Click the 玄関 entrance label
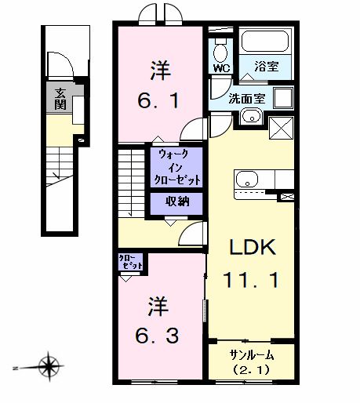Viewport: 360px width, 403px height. click(60, 99)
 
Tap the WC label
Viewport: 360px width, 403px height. click(220, 67)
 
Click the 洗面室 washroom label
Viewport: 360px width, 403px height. click(245, 99)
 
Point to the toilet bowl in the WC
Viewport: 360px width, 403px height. click(220, 51)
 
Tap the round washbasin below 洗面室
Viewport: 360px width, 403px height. click(250, 118)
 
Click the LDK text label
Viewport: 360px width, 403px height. click(251, 248)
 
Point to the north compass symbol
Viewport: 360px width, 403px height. click(51, 365)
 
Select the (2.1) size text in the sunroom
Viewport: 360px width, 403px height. click(250, 369)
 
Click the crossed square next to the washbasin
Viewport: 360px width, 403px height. click(281, 128)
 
